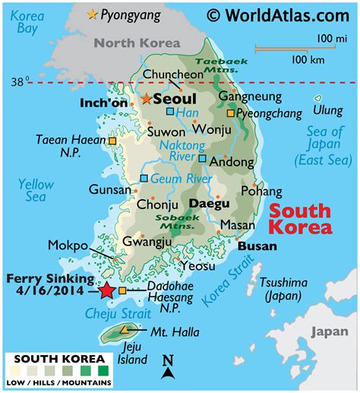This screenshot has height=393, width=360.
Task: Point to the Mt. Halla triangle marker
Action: click(124, 330)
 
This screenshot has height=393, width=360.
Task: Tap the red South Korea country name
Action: click(301, 220)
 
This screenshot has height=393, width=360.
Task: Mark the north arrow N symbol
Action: click(168, 363)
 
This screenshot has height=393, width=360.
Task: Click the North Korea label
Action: click(137, 43)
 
